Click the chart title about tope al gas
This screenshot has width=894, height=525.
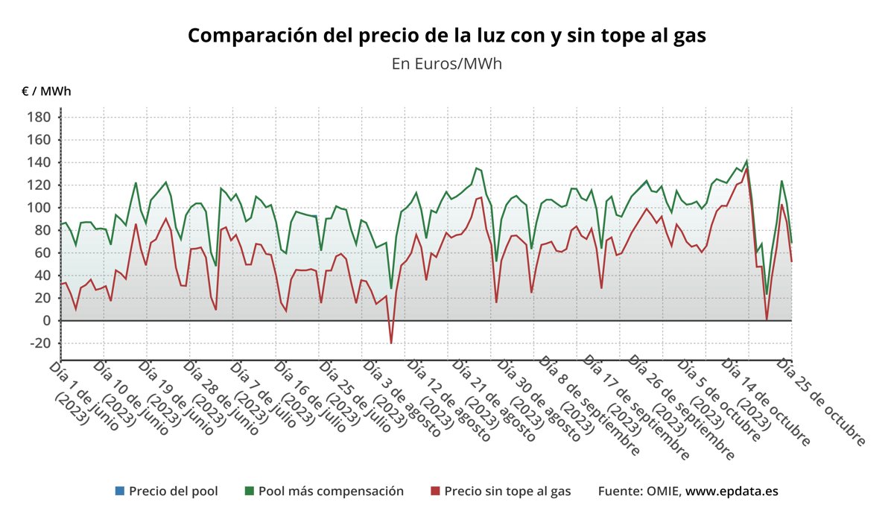click(446, 35)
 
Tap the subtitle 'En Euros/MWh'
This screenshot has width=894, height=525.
click(446, 64)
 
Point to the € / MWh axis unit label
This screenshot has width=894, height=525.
click(46, 92)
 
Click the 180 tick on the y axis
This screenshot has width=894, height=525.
click(39, 117)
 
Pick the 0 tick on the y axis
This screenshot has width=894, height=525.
click(46, 321)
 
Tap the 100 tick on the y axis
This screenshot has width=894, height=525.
click(39, 208)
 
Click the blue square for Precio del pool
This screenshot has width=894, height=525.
click(119, 491)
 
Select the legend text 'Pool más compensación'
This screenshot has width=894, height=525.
click(331, 491)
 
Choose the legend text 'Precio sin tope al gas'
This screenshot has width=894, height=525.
click(507, 491)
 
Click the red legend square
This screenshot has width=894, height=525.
click(435, 491)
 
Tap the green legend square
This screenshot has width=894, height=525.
click(249, 491)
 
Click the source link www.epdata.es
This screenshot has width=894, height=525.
click(732, 491)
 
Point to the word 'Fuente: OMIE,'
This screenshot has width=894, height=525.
click(639, 491)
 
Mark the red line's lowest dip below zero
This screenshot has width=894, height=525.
click(390, 343)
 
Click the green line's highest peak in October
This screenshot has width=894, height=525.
click(746, 161)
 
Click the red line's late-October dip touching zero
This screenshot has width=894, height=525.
click(767, 319)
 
